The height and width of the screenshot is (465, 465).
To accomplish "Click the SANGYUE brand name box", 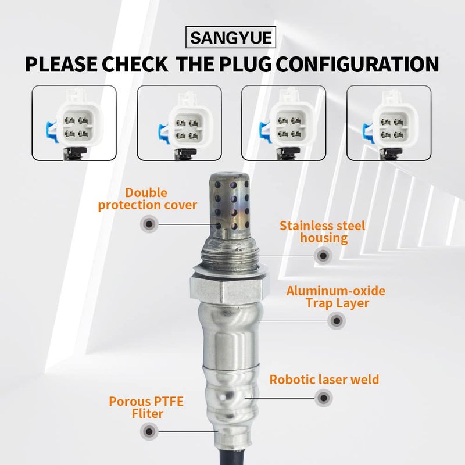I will tap(232, 40).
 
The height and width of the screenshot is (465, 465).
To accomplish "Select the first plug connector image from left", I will tap(74, 123).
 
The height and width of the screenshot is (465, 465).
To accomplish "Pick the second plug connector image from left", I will tap(180, 123).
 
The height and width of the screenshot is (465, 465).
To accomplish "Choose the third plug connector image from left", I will tap(284, 123).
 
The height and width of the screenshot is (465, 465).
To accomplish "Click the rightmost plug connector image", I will tap(389, 123).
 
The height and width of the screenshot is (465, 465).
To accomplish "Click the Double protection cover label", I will tap(148, 199).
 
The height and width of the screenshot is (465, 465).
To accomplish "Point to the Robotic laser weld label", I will tap(324, 380).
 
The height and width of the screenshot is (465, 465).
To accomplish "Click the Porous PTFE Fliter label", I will tap(136, 407).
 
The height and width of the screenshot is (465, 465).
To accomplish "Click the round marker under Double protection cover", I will tap(149, 224).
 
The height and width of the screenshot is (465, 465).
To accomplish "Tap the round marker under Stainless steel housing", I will tap(323, 255).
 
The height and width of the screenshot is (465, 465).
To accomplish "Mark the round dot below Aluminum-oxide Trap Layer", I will tap(335, 320).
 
